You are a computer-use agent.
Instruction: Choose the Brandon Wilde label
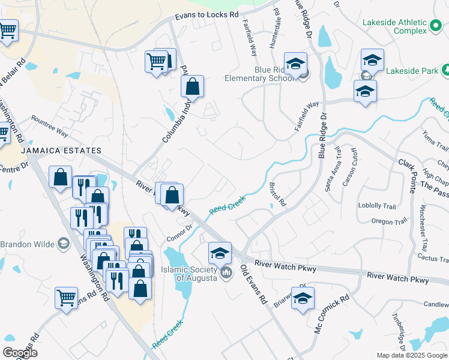(x=27, y=244)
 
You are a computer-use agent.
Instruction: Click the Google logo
(x=20, y=352)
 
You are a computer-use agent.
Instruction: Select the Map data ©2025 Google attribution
(x=412, y=355)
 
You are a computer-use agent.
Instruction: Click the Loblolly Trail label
(x=376, y=206)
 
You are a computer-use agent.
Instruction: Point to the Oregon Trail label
(x=390, y=221)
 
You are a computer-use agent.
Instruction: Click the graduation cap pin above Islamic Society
(x=220, y=253)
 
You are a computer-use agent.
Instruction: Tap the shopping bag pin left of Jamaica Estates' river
(x=61, y=178)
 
